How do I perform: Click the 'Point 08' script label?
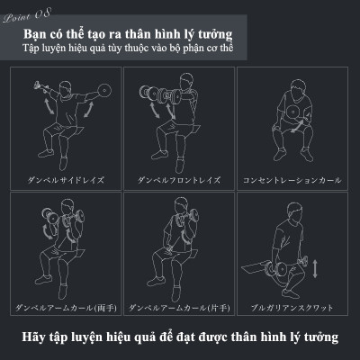[x=27, y=16]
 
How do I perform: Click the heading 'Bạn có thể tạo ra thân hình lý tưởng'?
[x=128, y=34]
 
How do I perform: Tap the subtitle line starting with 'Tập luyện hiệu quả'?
[x=128, y=48]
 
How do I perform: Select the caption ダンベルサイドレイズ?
[x=66, y=180]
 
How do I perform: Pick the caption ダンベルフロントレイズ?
[x=179, y=180]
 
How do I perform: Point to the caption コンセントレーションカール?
[x=292, y=180]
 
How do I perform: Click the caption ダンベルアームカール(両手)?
[x=66, y=308]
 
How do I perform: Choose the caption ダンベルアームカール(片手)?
[x=179, y=308]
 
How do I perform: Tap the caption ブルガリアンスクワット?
[x=292, y=308]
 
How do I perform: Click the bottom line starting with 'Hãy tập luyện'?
[x=180, y=337]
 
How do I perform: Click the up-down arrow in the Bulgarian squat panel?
[x=315, y=269]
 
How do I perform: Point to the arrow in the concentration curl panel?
[x=297, y=127]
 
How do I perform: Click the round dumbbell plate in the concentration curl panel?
[x=292, y=112]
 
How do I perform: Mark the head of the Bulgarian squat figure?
[x=294, y=211]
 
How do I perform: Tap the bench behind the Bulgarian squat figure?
[x=255, y=267]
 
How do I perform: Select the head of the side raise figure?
[x=66, y=89]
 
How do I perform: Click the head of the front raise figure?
[x=186, y=82]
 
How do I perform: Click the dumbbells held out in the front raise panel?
[x=159, y=94]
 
